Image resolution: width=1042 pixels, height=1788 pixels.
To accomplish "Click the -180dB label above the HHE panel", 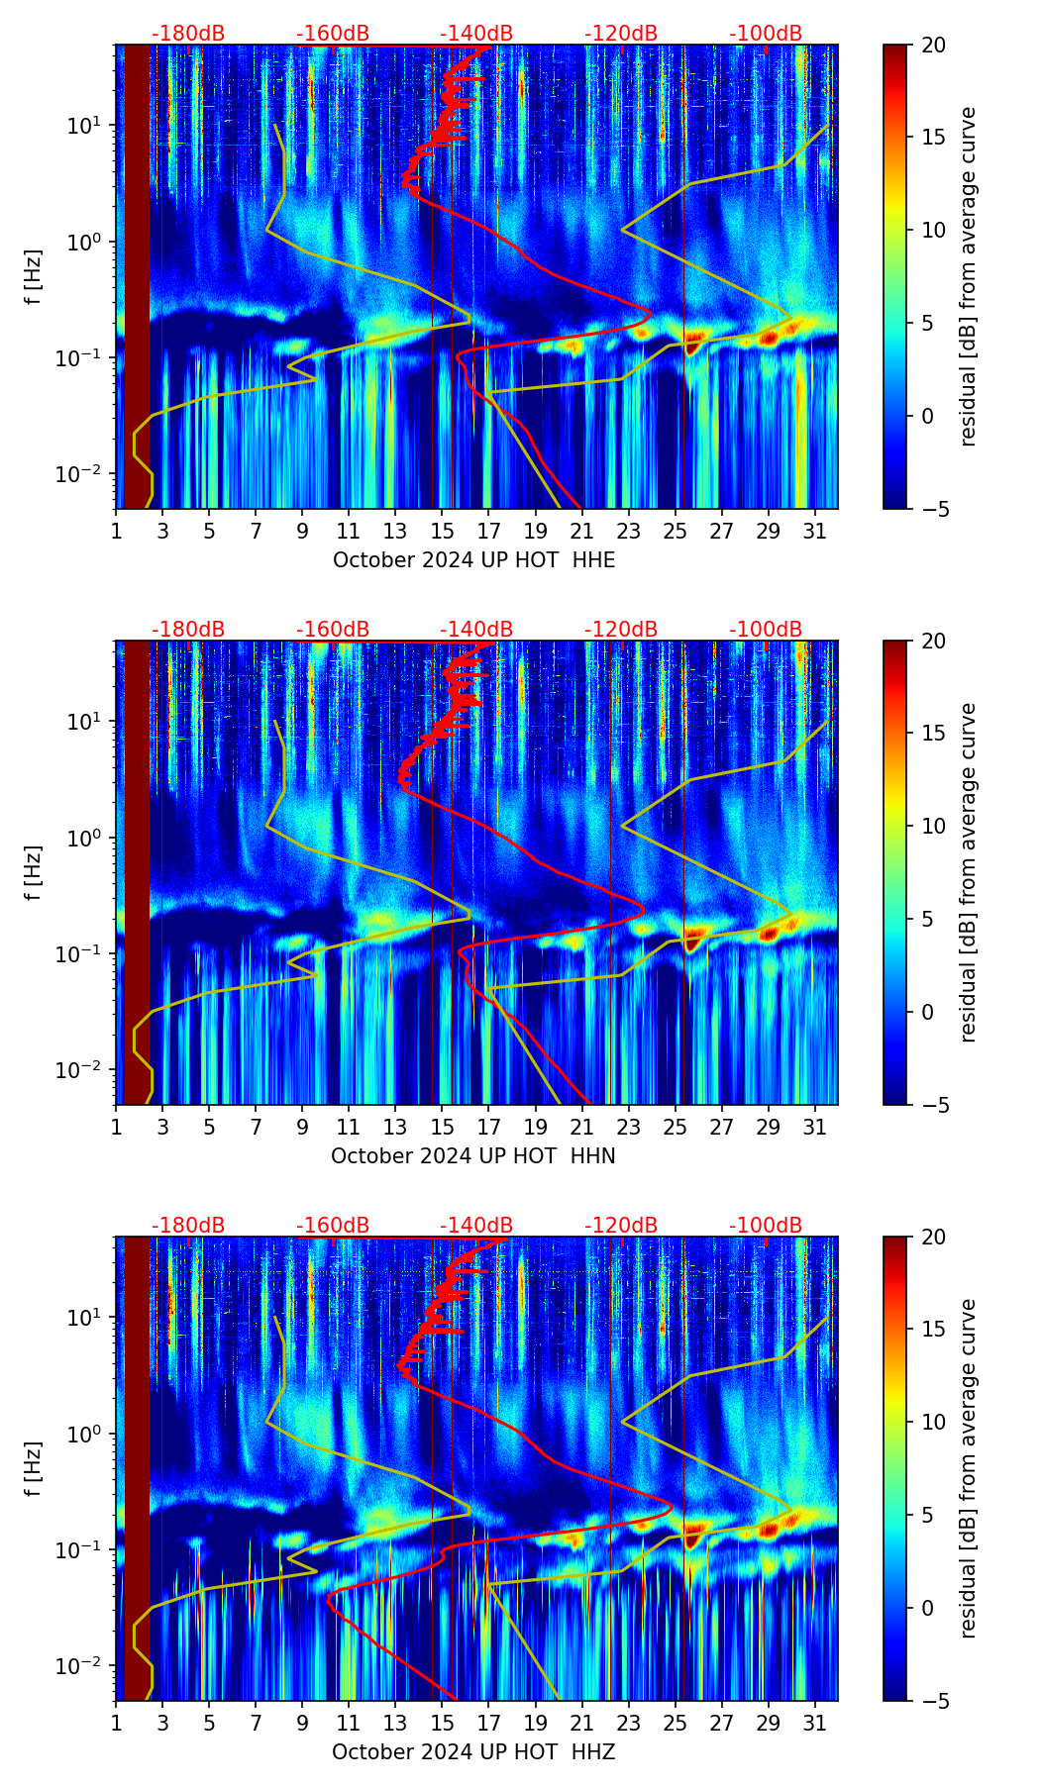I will click(x=188, y=34).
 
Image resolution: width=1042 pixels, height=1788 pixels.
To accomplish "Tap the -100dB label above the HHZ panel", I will click(x=766, y=1226).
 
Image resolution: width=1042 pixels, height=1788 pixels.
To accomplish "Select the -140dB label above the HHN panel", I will click(x=476, y=630).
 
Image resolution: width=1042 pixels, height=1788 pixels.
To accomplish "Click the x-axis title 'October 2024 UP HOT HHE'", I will click(x=473, y=560).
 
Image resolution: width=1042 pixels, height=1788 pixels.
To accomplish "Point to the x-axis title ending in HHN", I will click(x=473, y=1156).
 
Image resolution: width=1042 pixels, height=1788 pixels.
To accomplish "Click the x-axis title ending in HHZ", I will click(x=473, y=1752).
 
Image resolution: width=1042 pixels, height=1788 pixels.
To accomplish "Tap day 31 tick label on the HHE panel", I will click(x=815, y=531).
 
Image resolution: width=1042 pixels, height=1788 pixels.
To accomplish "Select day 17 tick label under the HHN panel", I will click(x=489, y=1127).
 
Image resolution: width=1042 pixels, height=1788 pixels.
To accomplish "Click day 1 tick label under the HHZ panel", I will click(x=117, y=1723).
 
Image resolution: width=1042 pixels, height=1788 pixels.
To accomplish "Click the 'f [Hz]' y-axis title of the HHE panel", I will click(x=34, y=276).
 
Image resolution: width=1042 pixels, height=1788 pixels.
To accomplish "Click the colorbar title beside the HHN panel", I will click(x=968, y=872).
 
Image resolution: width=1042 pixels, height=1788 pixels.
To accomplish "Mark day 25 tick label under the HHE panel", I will click(x=676, y=531).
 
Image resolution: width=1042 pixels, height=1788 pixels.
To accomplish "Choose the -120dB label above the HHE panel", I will click(x=621, y=34).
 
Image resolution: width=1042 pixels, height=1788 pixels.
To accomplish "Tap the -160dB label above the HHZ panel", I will click(x=333, y=1226).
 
